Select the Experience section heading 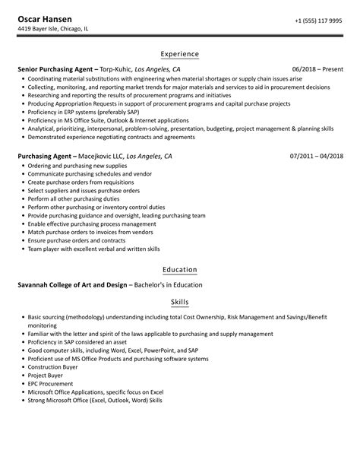[x=180, y=54]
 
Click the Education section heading [x=180, y=269]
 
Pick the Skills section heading [x=180, y=302]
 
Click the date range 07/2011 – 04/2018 [x=315, y=156]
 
